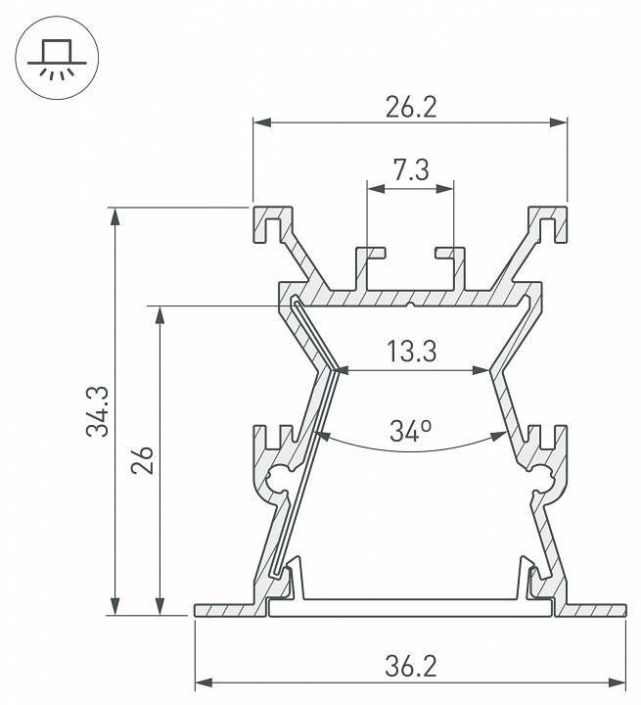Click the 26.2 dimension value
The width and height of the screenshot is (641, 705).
click(411, 108)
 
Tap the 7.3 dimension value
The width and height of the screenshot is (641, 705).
click(411, 170)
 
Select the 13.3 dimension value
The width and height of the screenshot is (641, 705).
click(411, 352)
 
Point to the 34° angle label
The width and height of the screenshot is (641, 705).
click(410, 431)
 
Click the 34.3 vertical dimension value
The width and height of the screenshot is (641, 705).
click(98, 411)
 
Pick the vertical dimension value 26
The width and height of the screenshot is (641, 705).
click(143, 460)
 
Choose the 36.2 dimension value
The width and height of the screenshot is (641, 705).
click(411, 667)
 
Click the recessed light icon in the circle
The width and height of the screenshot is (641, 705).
click(57, 59)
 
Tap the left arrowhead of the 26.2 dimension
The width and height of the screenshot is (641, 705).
click(262, 122)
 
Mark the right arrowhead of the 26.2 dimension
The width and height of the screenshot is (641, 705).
click(558, 122)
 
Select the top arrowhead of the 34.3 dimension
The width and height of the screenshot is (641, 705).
click(115, 216)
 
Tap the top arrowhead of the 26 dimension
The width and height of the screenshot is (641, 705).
click(160, 315)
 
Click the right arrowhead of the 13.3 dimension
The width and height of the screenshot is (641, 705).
click(481, 370)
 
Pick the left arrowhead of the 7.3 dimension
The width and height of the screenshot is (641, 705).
click(376, 189)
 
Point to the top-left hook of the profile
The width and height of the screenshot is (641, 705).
click(273, 224)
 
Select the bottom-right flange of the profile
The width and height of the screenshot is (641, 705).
click(590, 610)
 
